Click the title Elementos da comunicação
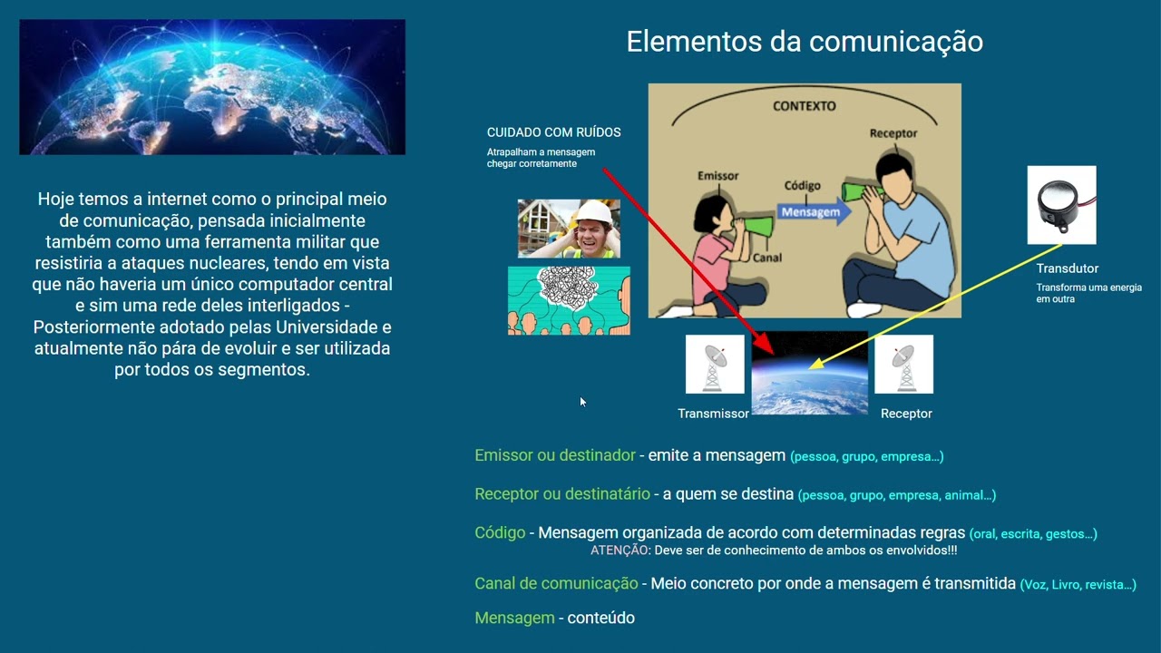coord(804,42)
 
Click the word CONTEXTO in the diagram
coord(804,106)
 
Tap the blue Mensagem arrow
coord(813,212)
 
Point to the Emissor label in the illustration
coord(717,176)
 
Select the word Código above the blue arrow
coord(802,186)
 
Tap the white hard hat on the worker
coord(594,212)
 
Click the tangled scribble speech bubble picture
coord(569,301)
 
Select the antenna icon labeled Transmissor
coord(715,365)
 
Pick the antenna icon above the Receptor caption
coord(903,365)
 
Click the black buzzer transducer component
coord(1060,204)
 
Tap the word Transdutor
coord(1067,268)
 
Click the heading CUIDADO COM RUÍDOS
coord(553,132)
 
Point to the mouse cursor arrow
coord(582,402)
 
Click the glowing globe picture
coord(212,87)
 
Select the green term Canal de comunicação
coord(556,584)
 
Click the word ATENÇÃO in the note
coord(618,551)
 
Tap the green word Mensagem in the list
coord(514,618)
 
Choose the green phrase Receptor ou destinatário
coord(561,494)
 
